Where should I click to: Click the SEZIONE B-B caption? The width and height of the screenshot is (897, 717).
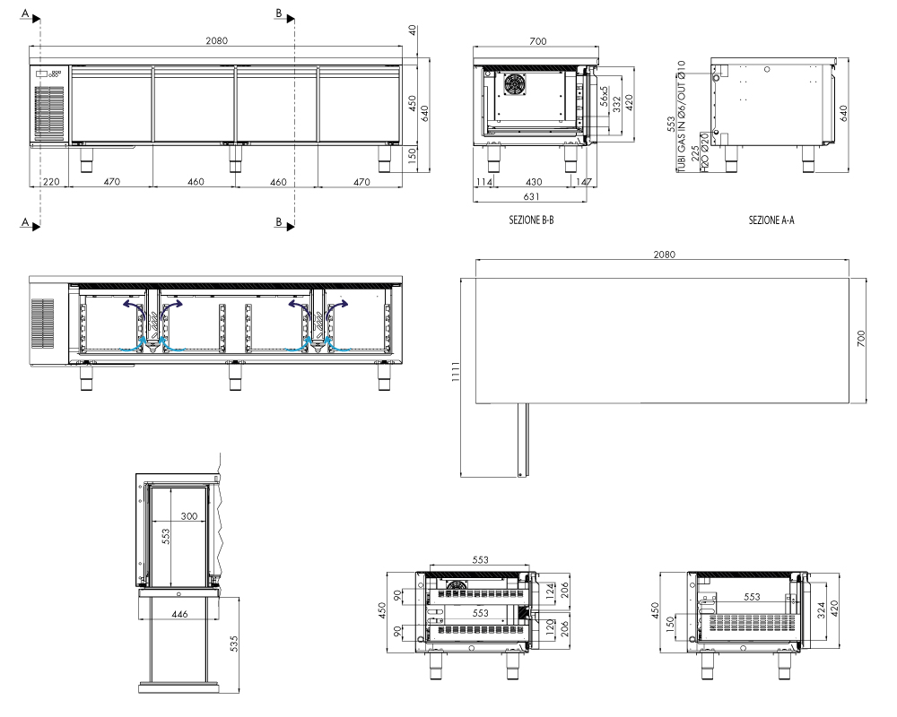[x=531, y=220]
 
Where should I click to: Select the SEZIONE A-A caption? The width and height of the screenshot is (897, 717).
[x=771, y=220]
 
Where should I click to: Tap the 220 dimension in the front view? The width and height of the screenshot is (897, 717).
[x=51, y=182]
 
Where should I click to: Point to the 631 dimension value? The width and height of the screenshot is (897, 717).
[x=531, y=196]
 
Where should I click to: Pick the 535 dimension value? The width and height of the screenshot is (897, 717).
[x=233, y=644]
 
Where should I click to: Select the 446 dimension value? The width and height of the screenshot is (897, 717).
[x=179, y=614]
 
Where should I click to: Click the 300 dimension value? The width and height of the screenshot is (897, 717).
[x=188, y=515]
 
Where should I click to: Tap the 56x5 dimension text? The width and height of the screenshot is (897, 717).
[x=604, y=97]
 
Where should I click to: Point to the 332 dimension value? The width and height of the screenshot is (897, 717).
[x=616, y=103]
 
